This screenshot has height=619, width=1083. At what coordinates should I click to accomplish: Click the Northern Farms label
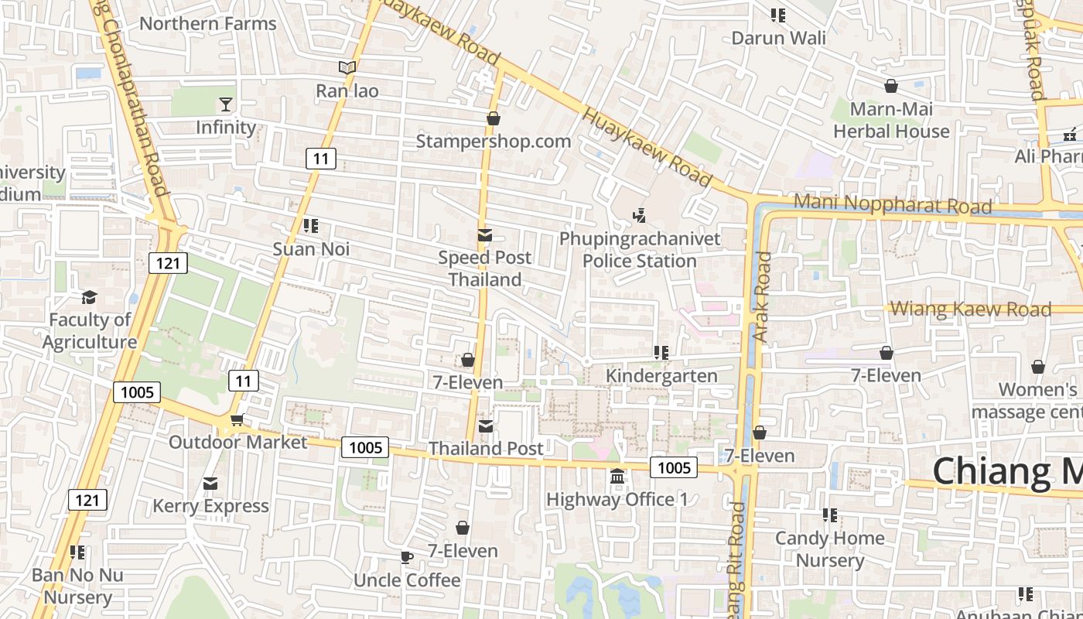(207, 23)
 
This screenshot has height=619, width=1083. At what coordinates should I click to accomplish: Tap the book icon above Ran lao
(347, 68)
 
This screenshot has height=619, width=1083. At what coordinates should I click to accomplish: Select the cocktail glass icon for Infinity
(226, 104)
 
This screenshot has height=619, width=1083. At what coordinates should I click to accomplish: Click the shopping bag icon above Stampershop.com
(493, 118)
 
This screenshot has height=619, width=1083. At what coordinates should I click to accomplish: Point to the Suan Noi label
(311, 249)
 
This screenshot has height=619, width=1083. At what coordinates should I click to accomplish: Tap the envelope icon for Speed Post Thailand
(485, 235)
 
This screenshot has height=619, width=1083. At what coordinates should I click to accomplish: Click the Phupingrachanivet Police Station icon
(640, 215)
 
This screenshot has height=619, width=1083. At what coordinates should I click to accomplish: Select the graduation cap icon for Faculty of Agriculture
(89, 297)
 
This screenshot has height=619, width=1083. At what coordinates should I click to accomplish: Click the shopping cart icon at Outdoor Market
(237, 419)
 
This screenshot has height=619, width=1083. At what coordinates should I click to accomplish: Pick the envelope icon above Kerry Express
(210, 484)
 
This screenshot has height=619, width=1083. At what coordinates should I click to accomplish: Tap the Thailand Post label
(486, 448)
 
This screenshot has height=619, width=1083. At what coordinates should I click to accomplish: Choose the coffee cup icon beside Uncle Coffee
(407, 557)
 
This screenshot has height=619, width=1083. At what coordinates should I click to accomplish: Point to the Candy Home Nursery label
(830, 549)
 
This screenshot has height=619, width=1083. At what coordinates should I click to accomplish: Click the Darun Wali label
(778, 38)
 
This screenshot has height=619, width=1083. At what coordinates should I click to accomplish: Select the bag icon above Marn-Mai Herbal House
(891, 86)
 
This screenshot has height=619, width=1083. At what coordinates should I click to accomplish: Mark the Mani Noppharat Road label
(893, 204)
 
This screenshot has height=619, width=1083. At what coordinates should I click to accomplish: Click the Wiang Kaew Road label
(971, 309)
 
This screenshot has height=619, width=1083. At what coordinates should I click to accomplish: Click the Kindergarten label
(661, 376)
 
